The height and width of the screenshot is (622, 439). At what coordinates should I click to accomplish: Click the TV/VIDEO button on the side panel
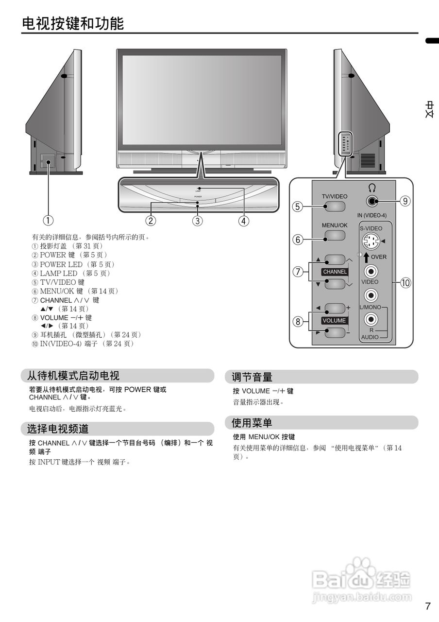coord(335,206)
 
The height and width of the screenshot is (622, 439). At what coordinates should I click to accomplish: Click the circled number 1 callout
coord(48,221)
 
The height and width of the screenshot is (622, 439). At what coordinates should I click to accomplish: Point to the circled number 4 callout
coord(244,221)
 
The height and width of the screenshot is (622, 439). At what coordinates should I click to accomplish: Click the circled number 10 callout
coord(405,283)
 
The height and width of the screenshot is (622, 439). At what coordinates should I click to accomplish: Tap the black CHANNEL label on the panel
coord(335,272)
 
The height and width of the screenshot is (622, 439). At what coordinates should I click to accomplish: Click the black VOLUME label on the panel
coord(335,320)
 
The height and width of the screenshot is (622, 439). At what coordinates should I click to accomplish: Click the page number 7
coord(427,606)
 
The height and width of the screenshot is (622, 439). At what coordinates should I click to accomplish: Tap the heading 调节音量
coord(252,377)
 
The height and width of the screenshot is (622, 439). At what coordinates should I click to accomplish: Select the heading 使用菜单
coord(252,422)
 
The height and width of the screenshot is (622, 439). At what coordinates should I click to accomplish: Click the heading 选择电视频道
coord(58,429)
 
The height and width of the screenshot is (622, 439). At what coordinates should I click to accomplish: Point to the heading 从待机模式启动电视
coord(73,376)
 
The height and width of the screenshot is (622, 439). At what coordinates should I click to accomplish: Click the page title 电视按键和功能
coord(73,23)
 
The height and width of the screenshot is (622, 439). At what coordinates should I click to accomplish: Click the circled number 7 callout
coord(298,272)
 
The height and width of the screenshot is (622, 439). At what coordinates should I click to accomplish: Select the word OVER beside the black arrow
coord(379,257)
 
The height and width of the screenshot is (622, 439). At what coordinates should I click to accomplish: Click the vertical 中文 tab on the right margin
coord(430,110)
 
